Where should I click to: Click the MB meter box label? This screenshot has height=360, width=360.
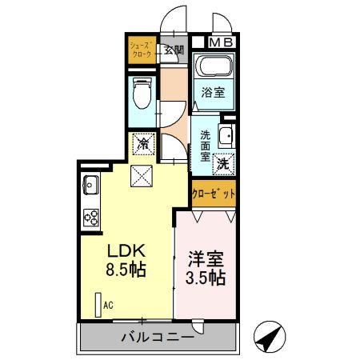pos(221,42)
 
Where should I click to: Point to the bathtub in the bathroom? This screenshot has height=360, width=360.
pos(214,67)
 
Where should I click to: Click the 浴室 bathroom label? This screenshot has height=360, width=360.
pos(213,93)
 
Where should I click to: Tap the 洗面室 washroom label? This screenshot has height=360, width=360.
pos(205,146)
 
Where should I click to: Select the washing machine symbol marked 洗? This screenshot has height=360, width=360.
pos(224,160)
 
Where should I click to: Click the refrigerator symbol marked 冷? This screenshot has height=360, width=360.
pos(143,145)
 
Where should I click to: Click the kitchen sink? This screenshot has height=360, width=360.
pos(89,186)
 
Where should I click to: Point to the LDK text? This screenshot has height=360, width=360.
pos(124,249)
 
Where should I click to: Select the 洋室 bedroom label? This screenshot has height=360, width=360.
pos(206,258)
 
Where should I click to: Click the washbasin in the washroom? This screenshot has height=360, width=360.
pos(226,134)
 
